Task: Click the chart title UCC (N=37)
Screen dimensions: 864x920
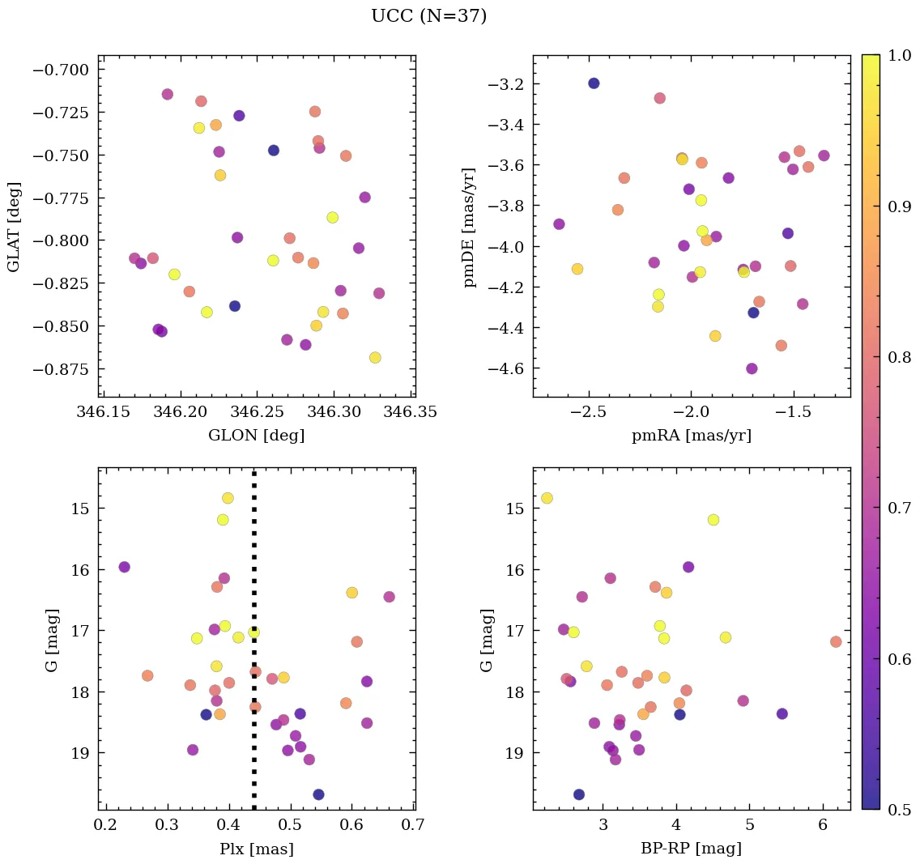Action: (428, 16)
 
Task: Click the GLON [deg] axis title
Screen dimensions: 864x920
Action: (256, 436)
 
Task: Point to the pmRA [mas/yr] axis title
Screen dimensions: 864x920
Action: (691, 436)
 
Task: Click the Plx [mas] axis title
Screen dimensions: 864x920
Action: (256, 849)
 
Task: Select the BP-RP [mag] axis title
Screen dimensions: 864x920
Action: (691, 849)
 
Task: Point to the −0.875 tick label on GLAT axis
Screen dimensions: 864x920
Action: (62, 368)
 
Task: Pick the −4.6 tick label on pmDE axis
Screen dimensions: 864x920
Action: (504, 368)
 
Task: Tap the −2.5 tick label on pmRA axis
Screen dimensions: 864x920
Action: (588, 412)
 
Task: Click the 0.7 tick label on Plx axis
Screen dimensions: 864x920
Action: (414, 825)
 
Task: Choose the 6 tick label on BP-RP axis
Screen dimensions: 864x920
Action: (823, 825)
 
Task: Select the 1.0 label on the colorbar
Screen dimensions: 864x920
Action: (898, 55)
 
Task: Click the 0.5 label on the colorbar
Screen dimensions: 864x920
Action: (898, 809)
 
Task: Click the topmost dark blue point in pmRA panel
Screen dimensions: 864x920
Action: (594, 83)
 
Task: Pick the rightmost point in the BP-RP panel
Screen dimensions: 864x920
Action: (836, 641)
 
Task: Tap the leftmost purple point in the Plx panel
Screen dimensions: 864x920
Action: (124, 567)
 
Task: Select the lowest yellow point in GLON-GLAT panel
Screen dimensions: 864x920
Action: (375, 358)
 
